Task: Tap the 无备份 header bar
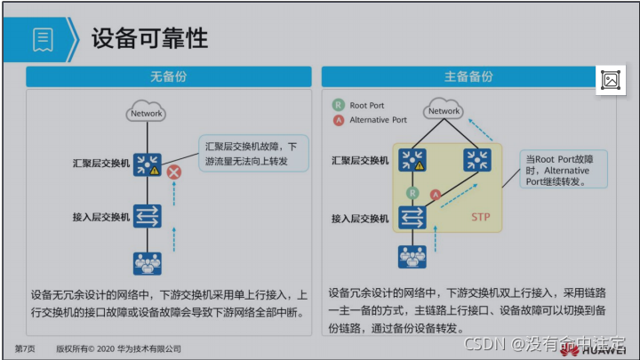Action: tap(168, 76)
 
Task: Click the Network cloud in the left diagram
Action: tap(147, 113)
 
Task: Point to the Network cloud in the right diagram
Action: tap(444, 110)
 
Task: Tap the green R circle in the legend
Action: tap(338, 105)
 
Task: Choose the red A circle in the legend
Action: tap(338, 120)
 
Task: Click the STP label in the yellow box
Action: tap(481, 217)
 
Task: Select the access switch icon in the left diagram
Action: tap(147, 216)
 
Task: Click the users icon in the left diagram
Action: tap(147, 264)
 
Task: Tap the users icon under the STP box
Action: tap(412, 257)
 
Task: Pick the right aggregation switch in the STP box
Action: tap(477, 160)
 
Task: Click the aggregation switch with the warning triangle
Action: tap(147, 164)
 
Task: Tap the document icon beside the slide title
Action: tap(43, 38)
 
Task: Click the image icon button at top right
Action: tap(611, 80)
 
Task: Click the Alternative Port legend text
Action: tap(378, 120)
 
